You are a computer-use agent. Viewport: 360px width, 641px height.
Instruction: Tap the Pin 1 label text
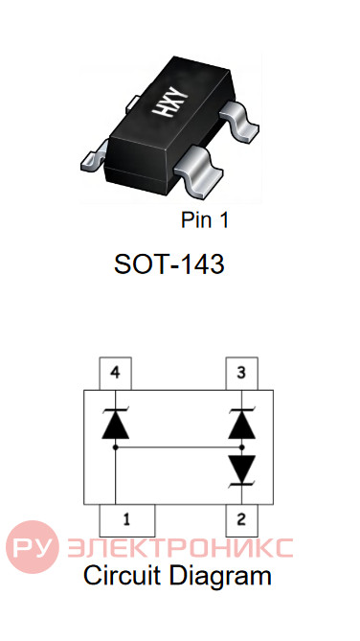click(x=205, y=220)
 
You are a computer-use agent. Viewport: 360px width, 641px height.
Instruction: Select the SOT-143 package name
click(x=169, y=264)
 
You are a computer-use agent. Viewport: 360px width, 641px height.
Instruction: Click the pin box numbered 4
click(x=116, y=374)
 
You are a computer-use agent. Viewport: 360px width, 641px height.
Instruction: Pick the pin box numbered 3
click(x=242, y=374)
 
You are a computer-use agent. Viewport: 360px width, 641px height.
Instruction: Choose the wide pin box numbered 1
click(x=127, y=520)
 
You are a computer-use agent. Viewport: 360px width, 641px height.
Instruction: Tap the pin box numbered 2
click(x=242, y=520)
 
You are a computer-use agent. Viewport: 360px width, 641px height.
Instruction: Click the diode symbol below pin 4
click(x=116, y=424)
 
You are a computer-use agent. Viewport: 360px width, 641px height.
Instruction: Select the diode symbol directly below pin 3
click(x=242, y=424)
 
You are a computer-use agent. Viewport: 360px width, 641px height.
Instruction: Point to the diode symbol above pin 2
click(x=242, y=470)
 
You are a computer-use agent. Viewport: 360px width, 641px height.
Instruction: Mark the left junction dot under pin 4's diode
click(x=116, y=447)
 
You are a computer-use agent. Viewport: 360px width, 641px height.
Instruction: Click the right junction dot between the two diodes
click(x=242, y=447)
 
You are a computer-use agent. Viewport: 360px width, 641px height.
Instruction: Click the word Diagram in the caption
click(x=220, y=578)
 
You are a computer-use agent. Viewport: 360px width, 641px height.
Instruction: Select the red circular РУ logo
click(x=33, y=546)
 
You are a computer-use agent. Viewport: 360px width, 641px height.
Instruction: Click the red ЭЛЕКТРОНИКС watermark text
click(x=180, y=548)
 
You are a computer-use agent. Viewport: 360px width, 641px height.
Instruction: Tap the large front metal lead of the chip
click(x=198, y=171)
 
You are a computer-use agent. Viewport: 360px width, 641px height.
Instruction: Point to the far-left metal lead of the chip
click(x=94, y=156)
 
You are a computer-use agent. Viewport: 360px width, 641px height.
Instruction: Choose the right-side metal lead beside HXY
click(x=240, y=121)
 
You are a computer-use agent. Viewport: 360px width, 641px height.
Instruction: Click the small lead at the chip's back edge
click(x=133, y=103)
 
